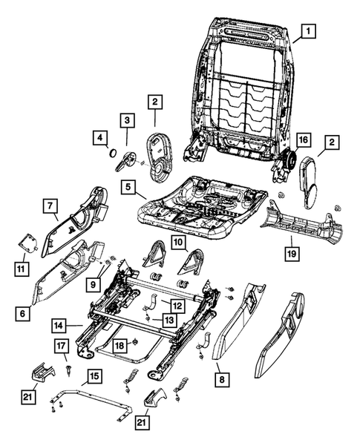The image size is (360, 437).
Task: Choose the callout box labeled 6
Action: pyautogui.click(x=24, y=314)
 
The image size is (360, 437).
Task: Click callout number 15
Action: pyautogui.click(x=91, y=376)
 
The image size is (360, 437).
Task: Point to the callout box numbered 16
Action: pyautogui.click(x=303, y=140)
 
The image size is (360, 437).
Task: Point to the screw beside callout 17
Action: pyautogui.click(x=68, y=366)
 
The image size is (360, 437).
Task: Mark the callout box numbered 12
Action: pyautogui.click(x=177, y=304)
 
